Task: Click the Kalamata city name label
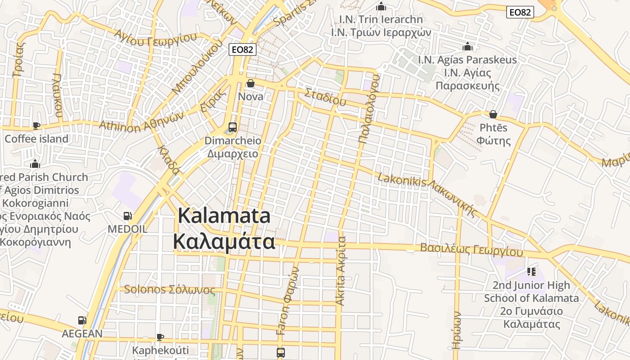[224, 229]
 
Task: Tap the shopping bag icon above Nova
[251, 83]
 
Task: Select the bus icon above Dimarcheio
[233, 127]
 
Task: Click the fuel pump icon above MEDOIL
[127, 216]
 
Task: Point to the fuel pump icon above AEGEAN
[82, 320]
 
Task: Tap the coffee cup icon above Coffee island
[36, 126]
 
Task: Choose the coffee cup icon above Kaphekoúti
[160, 337]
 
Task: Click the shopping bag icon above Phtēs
[493, 114]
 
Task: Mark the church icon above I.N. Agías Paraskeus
[468, 46]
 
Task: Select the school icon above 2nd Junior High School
[531, 271]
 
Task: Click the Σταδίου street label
[325, 97]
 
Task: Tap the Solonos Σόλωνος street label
[169, 290]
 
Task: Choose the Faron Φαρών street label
[288, 301]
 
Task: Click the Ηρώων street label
[457, 330]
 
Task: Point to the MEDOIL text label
[127, 229]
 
